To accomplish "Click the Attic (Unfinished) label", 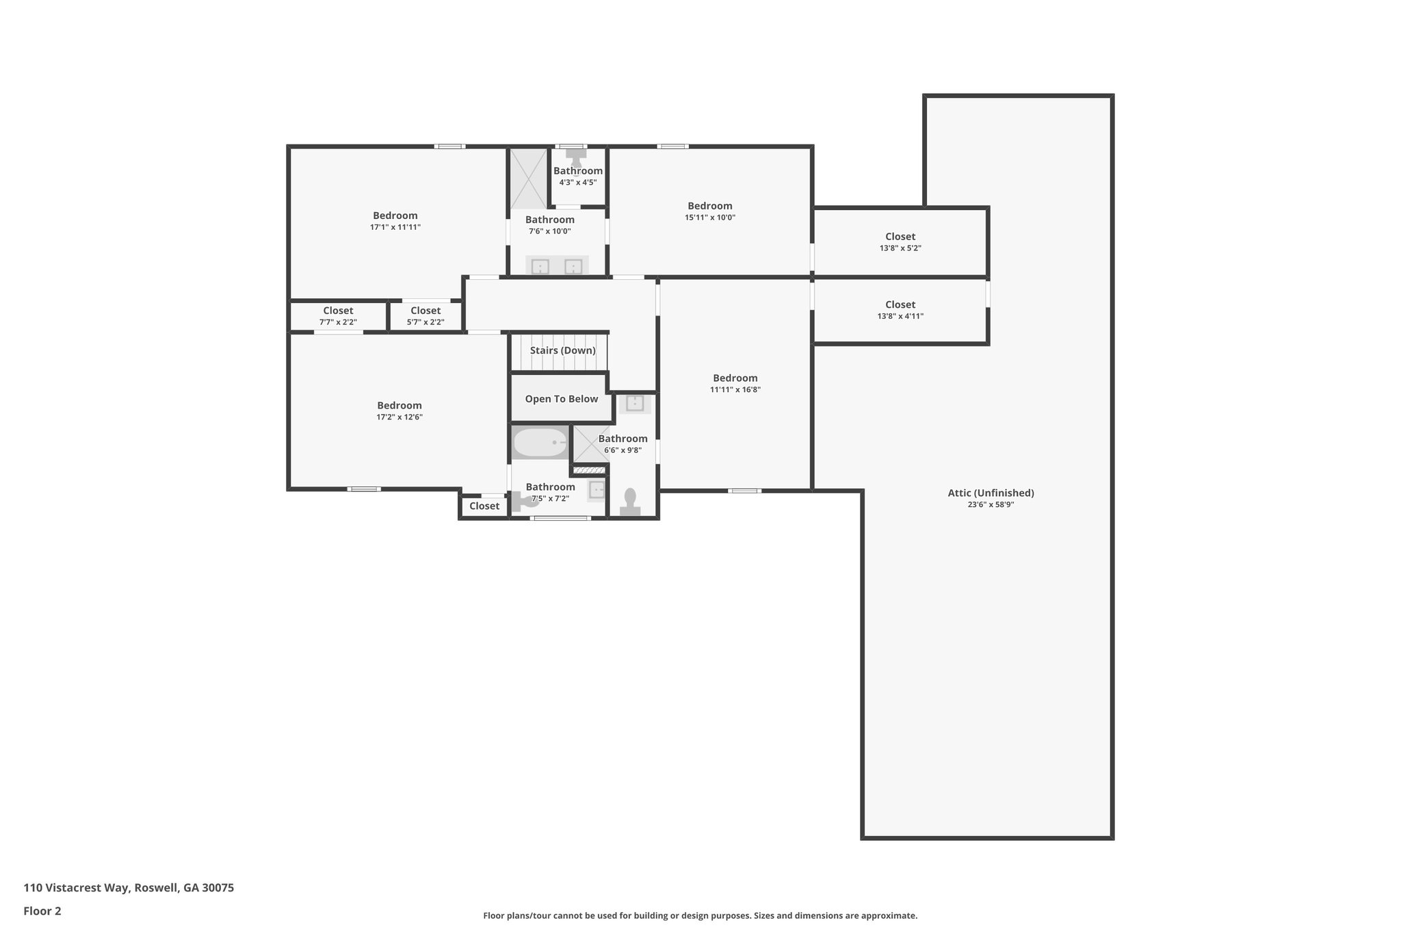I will click(990, 493).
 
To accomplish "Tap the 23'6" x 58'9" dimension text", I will click(990, 505).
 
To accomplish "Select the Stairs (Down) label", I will click(562, 350).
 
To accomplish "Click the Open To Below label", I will click(561, 399).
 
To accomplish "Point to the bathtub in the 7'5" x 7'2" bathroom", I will click(540, 443).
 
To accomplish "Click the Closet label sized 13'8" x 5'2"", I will click(900, 237).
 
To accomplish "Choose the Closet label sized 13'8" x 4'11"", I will click(900, 304).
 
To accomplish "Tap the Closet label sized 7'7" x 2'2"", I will click(338, 311).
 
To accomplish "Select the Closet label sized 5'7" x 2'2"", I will click(425, 311).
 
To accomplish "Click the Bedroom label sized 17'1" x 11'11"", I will click(395, 216).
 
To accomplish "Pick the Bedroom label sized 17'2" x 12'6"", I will click(399, 405).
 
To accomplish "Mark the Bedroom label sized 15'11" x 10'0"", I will click(709, 206).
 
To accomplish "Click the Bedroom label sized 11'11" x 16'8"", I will click(735, 378).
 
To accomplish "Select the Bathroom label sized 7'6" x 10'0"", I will click(549, 220).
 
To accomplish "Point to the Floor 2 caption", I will click(42, 911).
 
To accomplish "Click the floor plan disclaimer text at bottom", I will click(700, 916).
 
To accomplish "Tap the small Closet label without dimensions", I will click(484, 506).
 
